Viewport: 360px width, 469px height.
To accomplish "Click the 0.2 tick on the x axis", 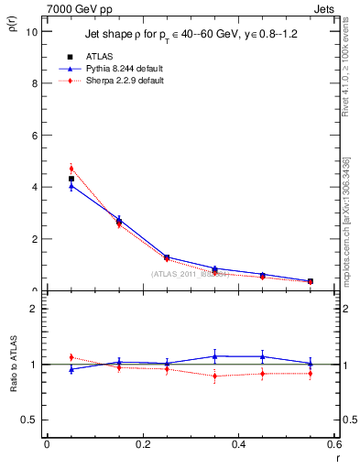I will [143, 444].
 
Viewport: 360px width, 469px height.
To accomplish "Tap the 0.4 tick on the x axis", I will [238, 444].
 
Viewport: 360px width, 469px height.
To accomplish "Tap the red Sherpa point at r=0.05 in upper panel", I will [71, 169].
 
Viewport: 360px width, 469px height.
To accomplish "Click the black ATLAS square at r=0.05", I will [71, 179].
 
